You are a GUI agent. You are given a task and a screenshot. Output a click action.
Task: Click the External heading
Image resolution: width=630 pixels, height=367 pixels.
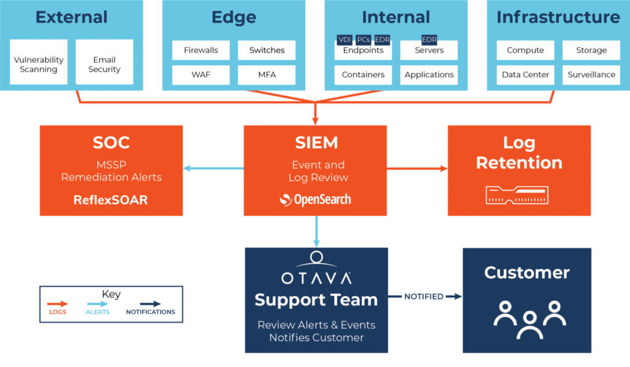coord(71,17)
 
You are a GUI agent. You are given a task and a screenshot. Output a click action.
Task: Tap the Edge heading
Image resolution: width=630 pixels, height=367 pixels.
coord(234,17)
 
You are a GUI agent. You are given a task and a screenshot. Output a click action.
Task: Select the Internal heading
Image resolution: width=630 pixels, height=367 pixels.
coord(396,17)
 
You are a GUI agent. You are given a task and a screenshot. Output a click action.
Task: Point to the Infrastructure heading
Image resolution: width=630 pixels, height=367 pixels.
coord(558,17)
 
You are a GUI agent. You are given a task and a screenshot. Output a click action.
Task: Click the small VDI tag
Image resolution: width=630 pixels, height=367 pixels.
coord(345,40)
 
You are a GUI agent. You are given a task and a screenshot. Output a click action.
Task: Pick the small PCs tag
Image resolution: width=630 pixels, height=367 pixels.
coord(364,40)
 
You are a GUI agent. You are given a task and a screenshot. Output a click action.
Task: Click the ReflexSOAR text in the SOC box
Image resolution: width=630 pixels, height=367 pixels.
coord(111,200)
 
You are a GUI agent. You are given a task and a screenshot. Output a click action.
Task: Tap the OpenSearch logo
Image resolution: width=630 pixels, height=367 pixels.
coord(315,199)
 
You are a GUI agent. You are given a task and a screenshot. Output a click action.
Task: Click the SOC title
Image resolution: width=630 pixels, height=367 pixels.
coord(111,143)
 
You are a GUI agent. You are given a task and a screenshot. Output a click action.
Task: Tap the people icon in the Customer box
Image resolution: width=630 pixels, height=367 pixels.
coord(527,318)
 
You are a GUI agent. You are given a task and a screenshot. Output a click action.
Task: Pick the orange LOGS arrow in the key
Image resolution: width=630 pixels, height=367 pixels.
coord(58,304)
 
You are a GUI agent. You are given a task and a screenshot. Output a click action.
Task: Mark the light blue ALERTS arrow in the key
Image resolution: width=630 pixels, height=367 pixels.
coord(98,304)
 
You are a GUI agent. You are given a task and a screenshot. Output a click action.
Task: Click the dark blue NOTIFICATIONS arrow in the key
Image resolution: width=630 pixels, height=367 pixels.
coord(151,304)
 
